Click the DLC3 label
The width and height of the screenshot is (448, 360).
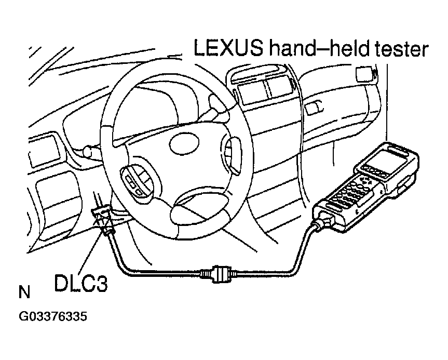(x=81, y=283)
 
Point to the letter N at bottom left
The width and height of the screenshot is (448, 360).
(x=24, y=292)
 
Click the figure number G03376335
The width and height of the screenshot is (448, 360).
(x=53, y=317)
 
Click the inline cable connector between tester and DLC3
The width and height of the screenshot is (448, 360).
(x=219, y=274)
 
